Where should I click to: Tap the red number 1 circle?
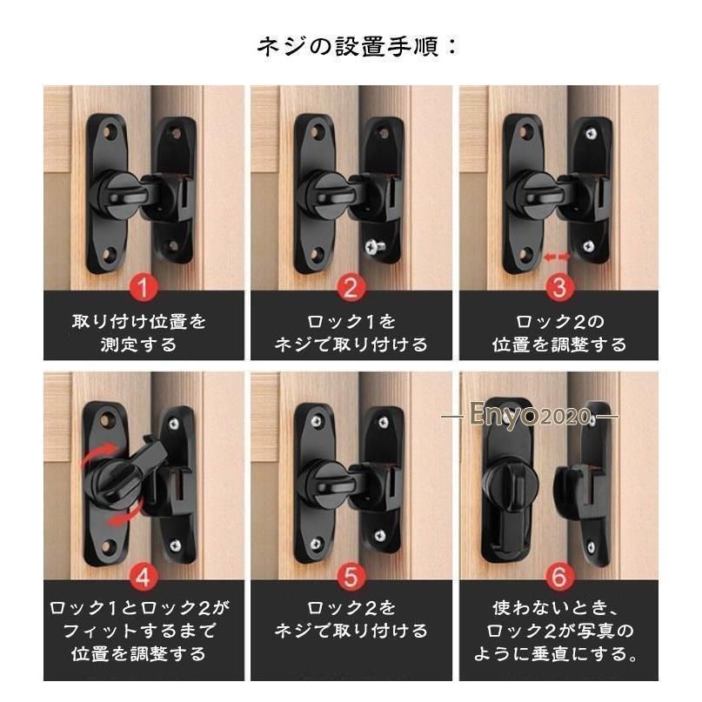point(143,287)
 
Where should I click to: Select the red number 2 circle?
point(351,287)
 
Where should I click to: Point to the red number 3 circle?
point(559,287)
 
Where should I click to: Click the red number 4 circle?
point(143,577)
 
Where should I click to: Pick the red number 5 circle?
point(351,577)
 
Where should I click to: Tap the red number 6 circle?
point(559,577)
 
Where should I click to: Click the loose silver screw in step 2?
point(375,247)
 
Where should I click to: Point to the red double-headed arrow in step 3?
point(557,257)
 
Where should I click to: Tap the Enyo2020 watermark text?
point(530,416)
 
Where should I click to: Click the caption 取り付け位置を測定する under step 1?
point(139,333)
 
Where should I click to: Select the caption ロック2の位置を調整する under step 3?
point(559,333)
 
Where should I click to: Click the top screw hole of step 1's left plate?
point(109,132)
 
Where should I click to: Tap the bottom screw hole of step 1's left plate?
point(109,255)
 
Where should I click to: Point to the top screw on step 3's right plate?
point(592,132)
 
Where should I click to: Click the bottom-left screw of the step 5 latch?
point(316,544)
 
